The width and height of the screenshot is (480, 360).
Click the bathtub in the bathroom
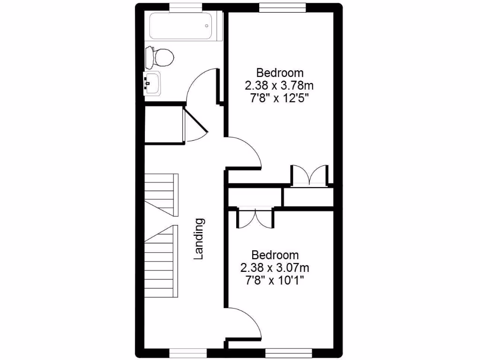[x=180, y=27]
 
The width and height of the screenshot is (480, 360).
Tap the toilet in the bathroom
[x=160, y=57]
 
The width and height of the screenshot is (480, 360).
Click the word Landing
[x=199, y=239]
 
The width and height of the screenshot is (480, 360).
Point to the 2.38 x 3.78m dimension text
[x=279, y=86]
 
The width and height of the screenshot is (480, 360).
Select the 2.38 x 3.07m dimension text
[x=275, y=268]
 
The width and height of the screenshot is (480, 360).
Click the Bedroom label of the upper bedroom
[x=280, y=73]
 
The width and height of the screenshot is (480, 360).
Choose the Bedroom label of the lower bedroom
[x=275, y=255]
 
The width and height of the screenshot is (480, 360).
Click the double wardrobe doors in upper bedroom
[x=309, y=175]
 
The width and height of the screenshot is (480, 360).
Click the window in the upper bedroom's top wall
[x=283, y=7]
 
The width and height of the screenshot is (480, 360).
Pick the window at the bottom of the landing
[x=187, y=352]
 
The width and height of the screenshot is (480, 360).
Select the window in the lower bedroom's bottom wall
[x=289, y=352]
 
